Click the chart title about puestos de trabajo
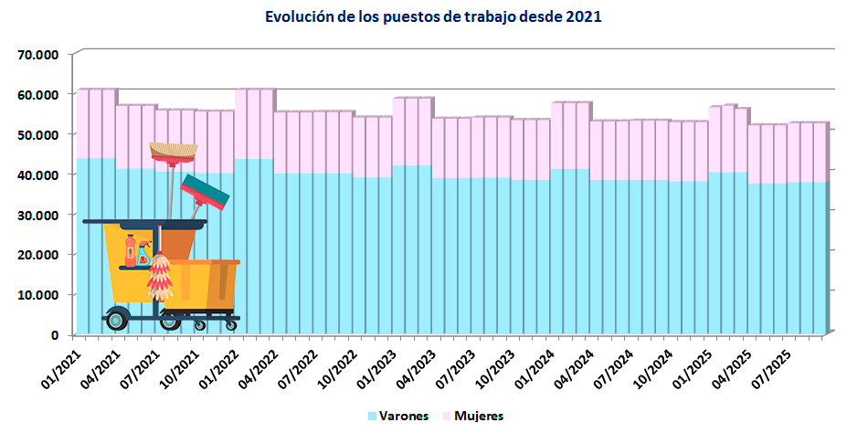(433, 17)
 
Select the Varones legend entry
(399, 417)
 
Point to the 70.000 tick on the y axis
(38, 54)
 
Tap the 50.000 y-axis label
(38, 134)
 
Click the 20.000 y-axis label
(38, 255)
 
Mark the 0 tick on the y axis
(54, 335)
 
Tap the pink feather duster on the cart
(160, 279)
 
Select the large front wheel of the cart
(117, 319)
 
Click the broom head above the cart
(173, 151)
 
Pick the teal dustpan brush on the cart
(206, 192)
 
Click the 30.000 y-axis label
(38, 215)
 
